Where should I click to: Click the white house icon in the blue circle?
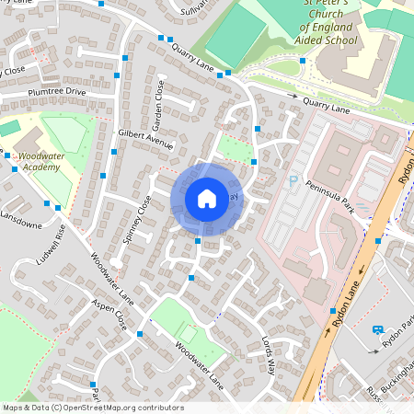(207, 198)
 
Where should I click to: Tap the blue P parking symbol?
(294, 181)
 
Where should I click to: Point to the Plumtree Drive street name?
(56, 92)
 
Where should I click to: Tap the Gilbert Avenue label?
(145, 139)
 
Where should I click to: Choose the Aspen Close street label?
(109, 314)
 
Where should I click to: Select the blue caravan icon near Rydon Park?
(377, 329)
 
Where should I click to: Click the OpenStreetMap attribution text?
(92, 408)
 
